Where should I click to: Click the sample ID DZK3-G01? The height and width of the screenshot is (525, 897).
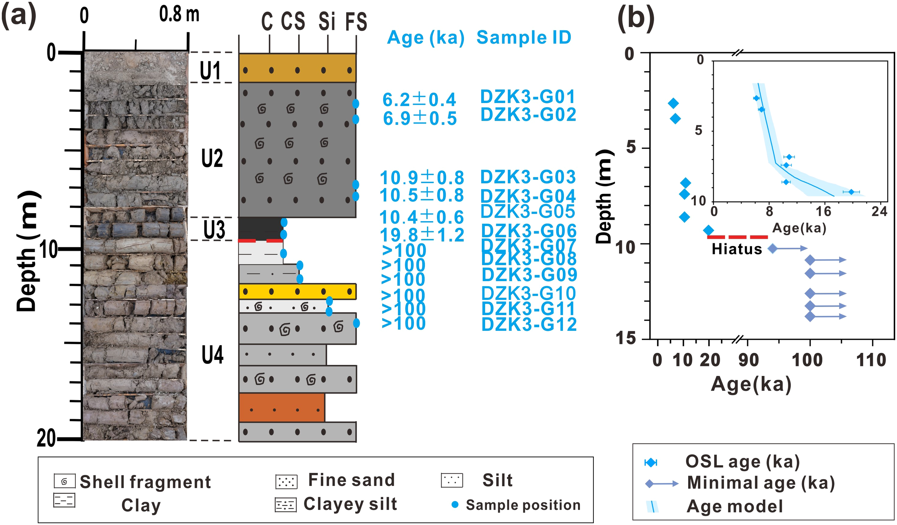(527, 97)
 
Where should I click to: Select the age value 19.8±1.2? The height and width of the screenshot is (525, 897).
(422, 235)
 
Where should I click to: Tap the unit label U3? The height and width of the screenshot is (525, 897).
(214, 229)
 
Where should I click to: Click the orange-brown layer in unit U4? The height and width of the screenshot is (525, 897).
(282, 407)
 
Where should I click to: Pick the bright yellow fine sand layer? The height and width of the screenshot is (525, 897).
(297, 291)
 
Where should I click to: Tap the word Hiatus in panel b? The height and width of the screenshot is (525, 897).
(737, 249)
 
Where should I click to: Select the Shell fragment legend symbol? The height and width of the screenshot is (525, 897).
(65, 481)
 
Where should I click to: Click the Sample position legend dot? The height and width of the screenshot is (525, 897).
(455, 505)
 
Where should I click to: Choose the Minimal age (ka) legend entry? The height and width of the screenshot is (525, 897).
(761, 483)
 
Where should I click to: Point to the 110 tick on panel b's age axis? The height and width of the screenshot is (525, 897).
(871, 360)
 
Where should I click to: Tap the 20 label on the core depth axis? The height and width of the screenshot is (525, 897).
(46, 438)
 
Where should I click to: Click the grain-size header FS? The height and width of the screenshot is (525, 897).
(356, 21)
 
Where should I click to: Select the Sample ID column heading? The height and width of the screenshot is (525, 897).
(523, 37)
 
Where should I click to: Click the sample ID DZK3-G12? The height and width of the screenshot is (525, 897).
(529, 324)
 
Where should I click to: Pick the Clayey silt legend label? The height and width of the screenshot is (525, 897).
(350, 504)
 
